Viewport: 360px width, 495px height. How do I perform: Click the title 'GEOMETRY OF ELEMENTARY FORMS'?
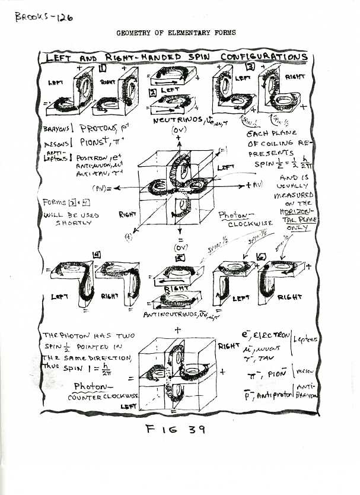(x=176, y=33)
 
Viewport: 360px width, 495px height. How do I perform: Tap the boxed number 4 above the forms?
(x=97, y=256)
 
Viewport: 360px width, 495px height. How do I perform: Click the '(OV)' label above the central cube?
(x=178, y=130)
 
